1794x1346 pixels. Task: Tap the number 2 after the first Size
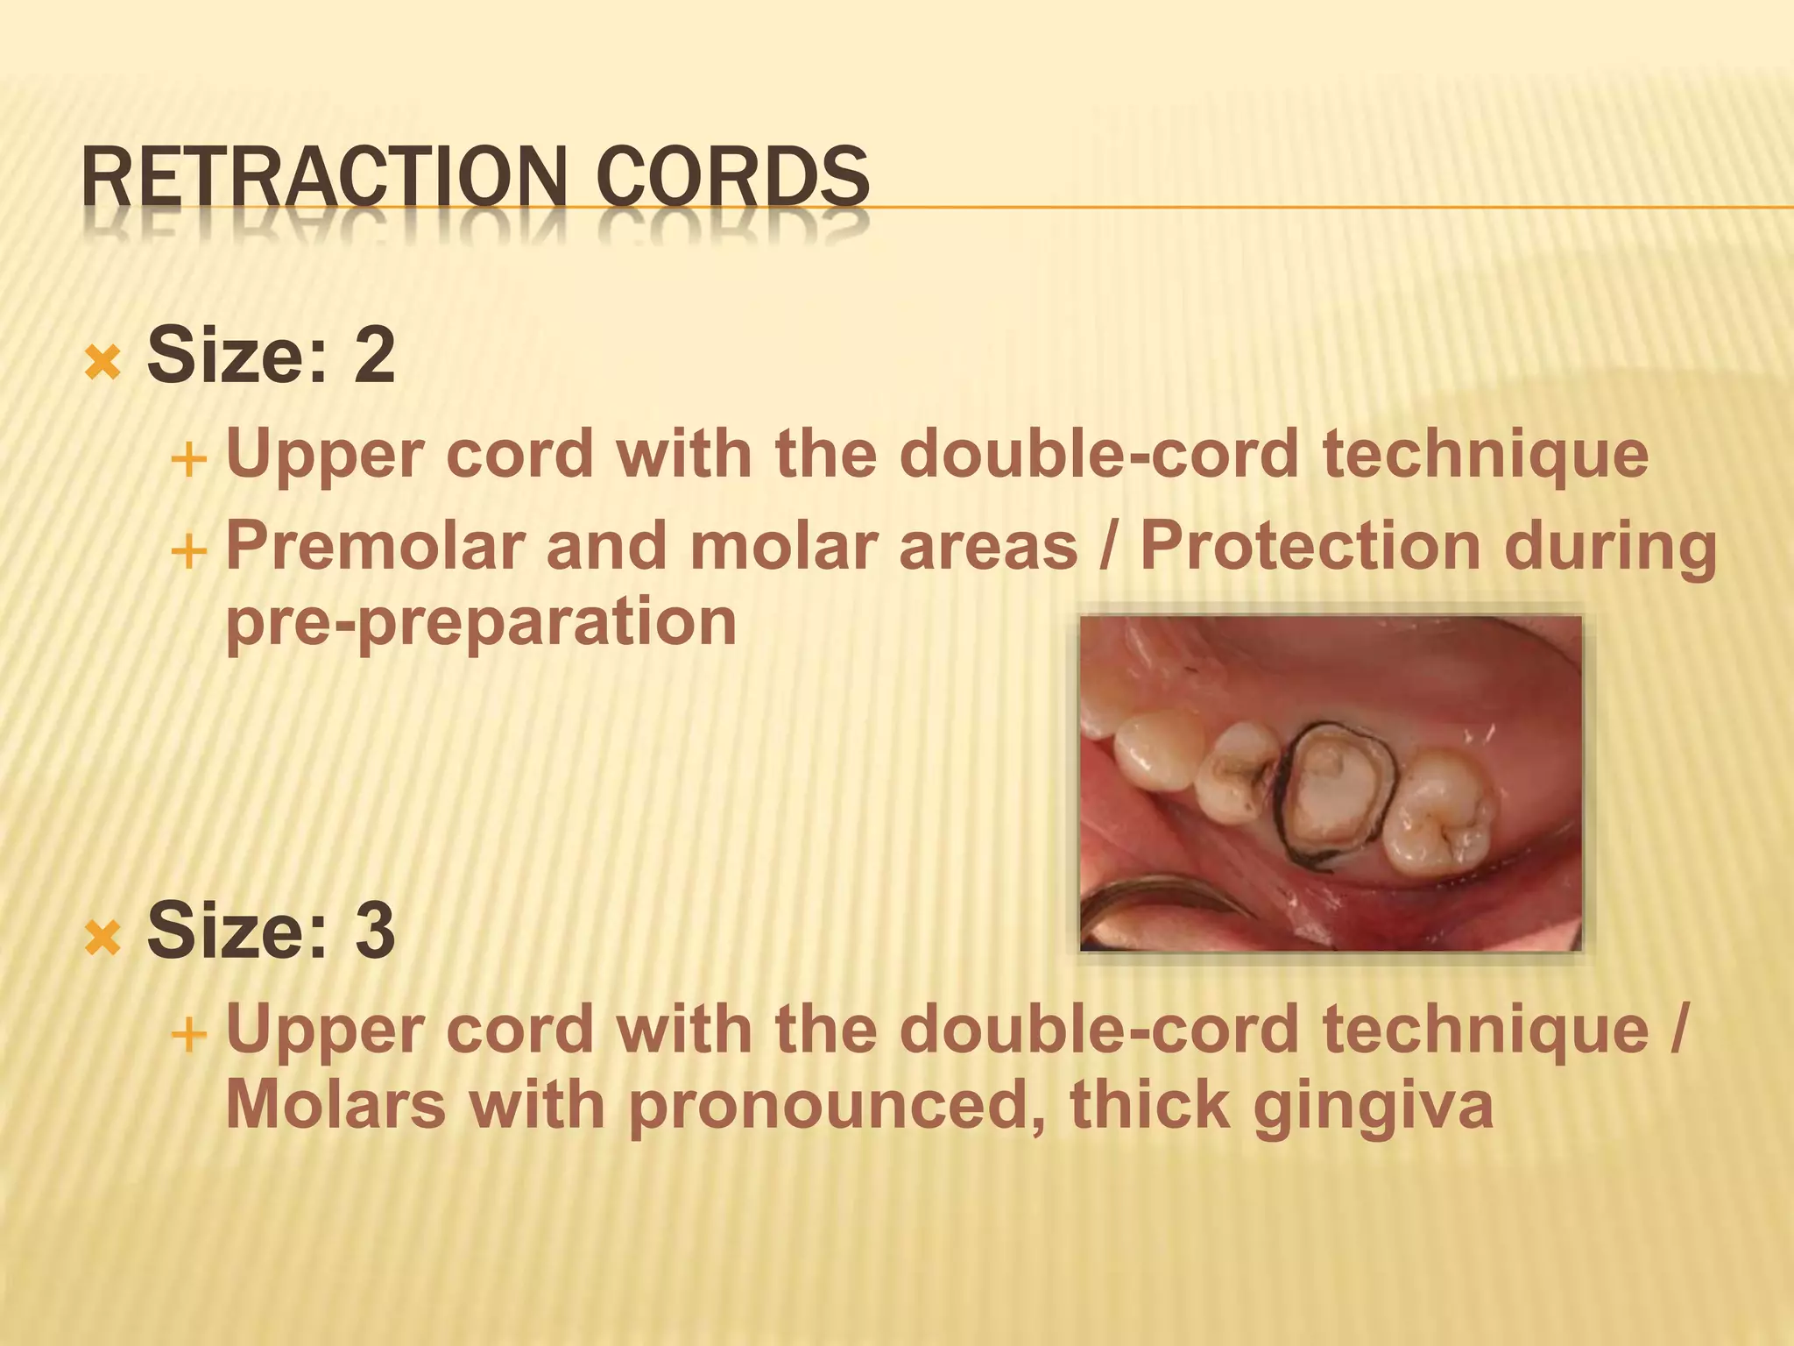pyautogui.click(x=374, y=355)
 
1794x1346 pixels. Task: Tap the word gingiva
pyautogui.click(x=1373, y=1106)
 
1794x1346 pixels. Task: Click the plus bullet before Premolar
pyautogui.click(x=188, y=552)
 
